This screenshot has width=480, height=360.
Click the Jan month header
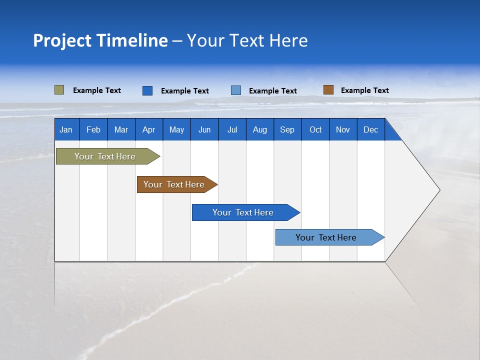pyautogui.click(x=66, y=130)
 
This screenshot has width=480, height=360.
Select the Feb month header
pyautogui.click(x=93, y=130)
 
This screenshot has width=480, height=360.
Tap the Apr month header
pyautogui.click(x=148, y=130)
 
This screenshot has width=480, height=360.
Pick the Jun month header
pyautogui.click(x=204, y=130)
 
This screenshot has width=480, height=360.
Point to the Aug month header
pyautogui.click(x=259, y=130)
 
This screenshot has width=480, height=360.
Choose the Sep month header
pyautogui.click(x=287, y=130)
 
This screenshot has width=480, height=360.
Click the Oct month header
pyautogui.click(x=315, y=130)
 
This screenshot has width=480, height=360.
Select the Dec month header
pyautogui.click(x=370, y=130)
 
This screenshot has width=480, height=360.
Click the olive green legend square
pyautogui.click(x=59, y=90)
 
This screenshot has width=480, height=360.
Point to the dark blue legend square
pyautogui.click(x=147, y=90)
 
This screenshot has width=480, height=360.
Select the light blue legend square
pyautogui.click(x=236, y=90)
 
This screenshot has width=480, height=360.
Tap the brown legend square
pyautogui.click(x=328, y=90)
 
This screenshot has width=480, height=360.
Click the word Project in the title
pyautogui.click(x=62, y=40)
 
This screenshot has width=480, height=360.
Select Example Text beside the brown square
pyautogui.click(x=364, y=90)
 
